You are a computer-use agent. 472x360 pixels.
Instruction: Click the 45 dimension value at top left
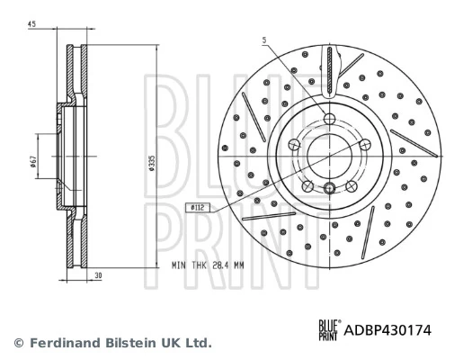[x=31, y=24]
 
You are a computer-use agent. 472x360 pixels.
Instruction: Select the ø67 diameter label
[x=32, y=161]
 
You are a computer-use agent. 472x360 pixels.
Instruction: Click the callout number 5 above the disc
[x=264, y=40]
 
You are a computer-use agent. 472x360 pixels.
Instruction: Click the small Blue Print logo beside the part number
[x=329, y=331]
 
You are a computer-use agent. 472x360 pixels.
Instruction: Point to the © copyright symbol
[x=18, y=343]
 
